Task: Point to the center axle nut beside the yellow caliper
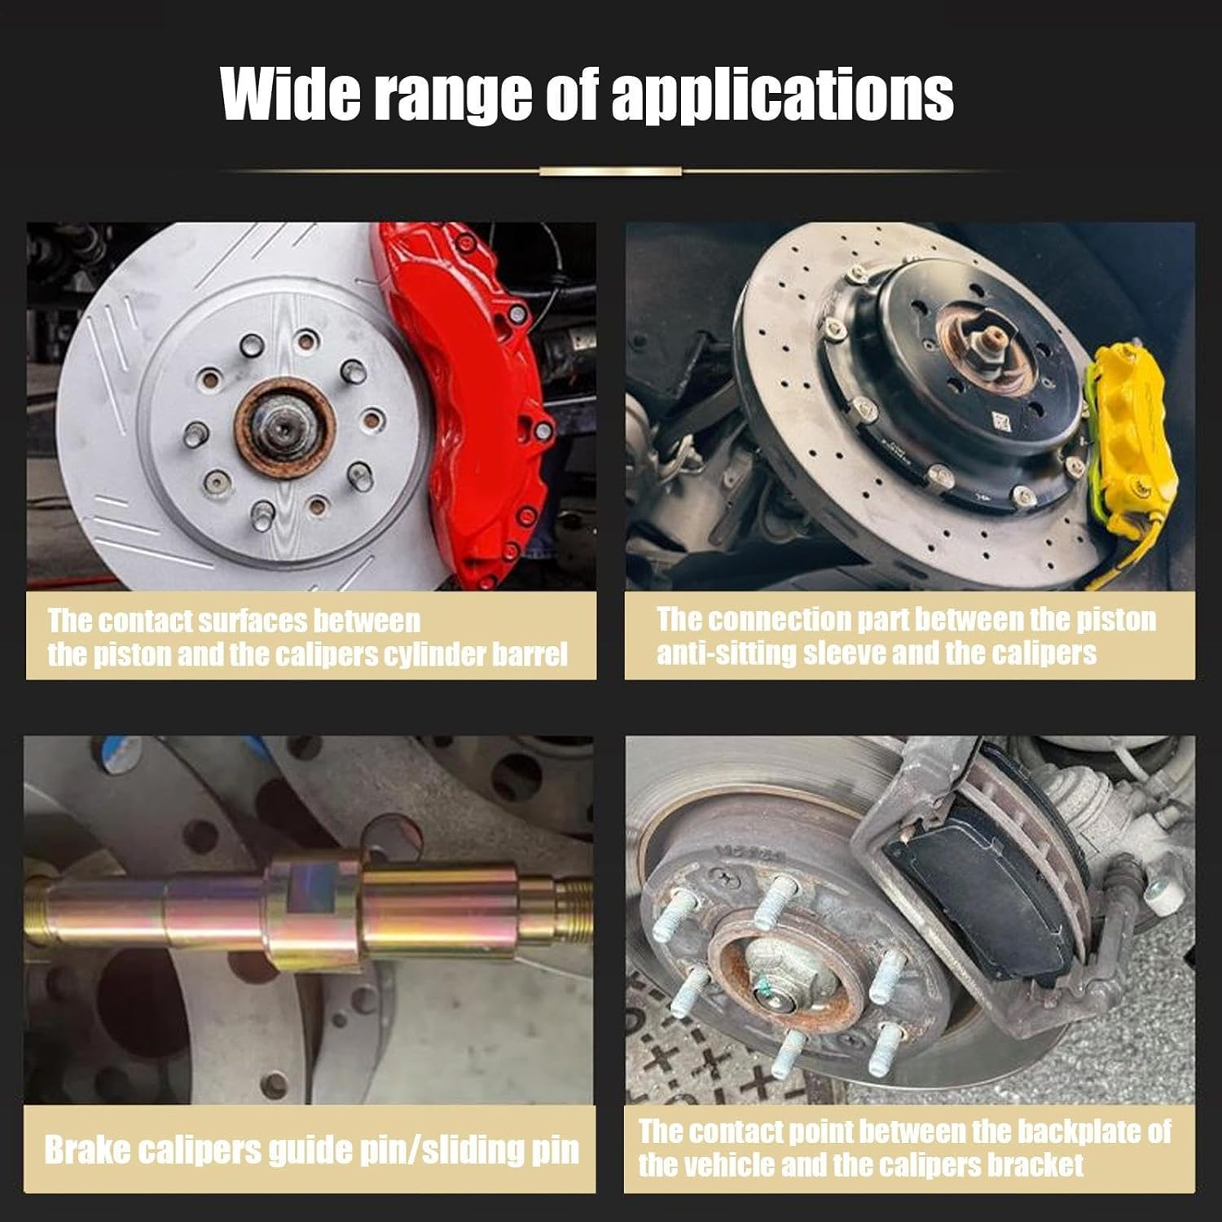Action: (988, 346)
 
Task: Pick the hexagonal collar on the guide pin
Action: (314, 911)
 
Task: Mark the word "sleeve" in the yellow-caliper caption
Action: (843, 653)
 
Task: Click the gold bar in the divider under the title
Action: (610, 171)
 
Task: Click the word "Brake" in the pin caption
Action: (86, 1149)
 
